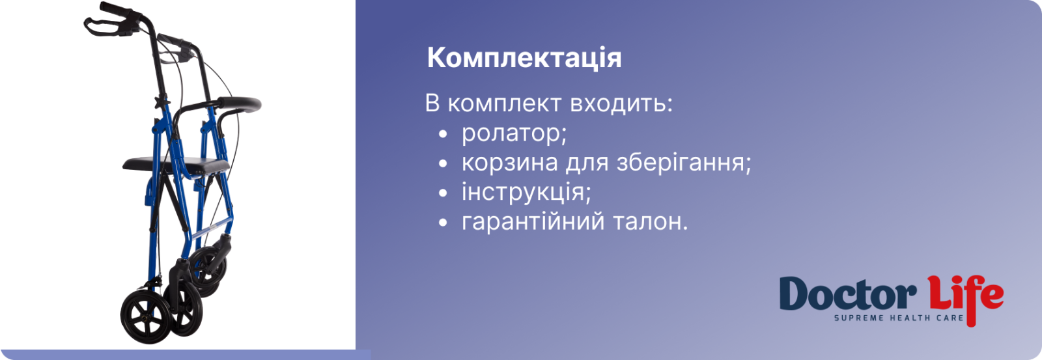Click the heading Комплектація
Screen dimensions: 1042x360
click(x=524, y=59)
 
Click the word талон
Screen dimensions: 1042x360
click(x=651, y=221)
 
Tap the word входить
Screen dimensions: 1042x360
click(x=621, y=104)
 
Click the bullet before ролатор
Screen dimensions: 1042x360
click(x=443, y=135)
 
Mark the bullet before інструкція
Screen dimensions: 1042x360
click(x=443, y=193)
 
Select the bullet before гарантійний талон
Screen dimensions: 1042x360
click(x=443, y=223)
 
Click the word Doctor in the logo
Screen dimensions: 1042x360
click(x=847, y=294)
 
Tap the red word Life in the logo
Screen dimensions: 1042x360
click(x=965, y=298)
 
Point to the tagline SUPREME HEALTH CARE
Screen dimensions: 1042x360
click(x=899, y=318)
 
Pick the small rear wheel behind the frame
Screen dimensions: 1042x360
click(x=208, y=270)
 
